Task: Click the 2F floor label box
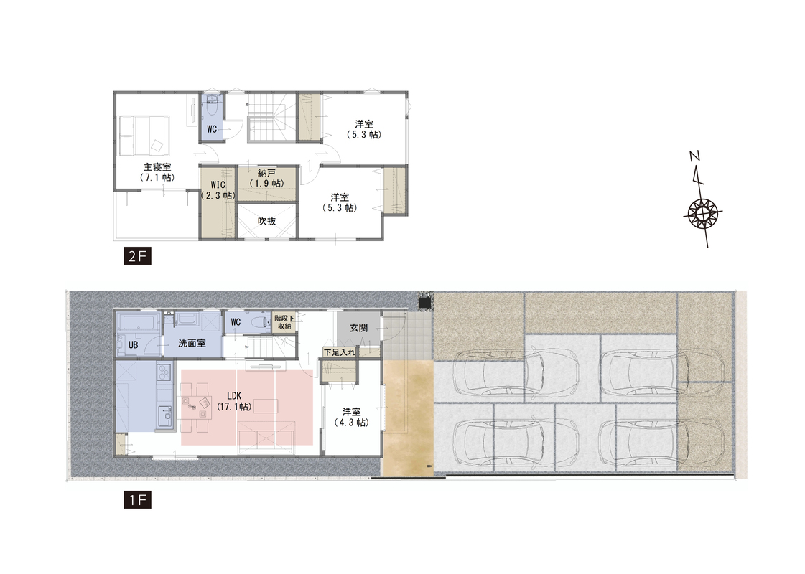pos(138,256)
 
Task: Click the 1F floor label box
pos(138,499)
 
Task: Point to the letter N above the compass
pos(694,156)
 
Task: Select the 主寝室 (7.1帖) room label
pos(157,172)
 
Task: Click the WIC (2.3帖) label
pos(218,190)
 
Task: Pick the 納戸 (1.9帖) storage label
pos(267,178)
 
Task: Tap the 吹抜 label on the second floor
pos(267,220)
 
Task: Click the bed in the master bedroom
pos(144,136)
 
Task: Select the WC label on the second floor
pos(212,129)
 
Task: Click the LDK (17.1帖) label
pos(234,401)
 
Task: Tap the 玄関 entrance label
pos(359,328)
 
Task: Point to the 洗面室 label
pos(192,343)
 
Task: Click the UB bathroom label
pos(133,345)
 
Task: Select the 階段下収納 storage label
pos(284,322)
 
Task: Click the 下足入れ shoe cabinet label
pos(340,352)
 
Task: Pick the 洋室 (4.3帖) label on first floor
pos(352,417)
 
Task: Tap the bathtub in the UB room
pos(138,323)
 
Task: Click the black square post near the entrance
pos(424,303)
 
